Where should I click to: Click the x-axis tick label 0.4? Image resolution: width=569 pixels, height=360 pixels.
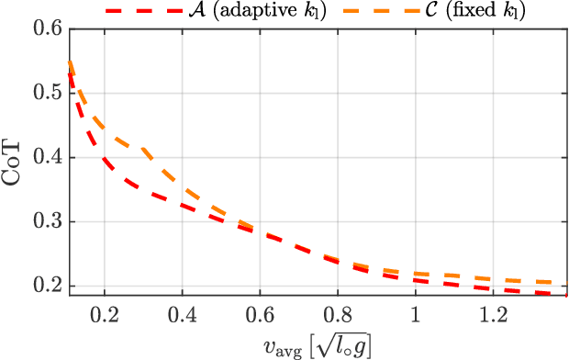183,314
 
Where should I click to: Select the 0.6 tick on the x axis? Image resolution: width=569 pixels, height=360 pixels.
260,314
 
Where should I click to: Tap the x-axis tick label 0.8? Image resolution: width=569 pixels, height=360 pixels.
338,314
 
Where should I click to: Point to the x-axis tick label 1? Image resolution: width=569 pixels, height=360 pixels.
415,314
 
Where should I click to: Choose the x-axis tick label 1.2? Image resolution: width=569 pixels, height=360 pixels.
493,314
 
